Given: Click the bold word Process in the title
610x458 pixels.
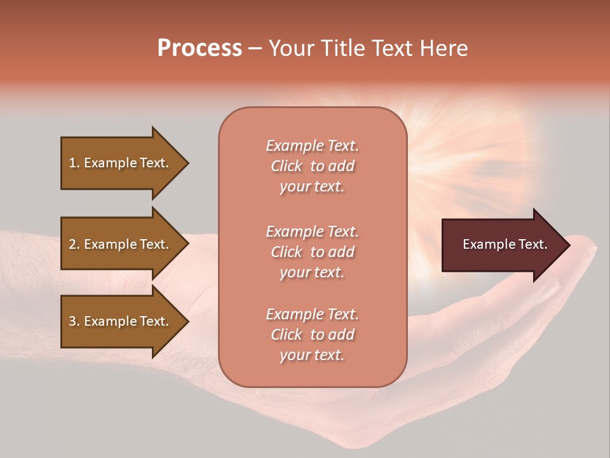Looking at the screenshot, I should coord(200,48).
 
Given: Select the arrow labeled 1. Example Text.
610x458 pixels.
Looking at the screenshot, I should coord(121,163).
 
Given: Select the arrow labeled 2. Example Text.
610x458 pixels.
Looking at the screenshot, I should coord(121,244).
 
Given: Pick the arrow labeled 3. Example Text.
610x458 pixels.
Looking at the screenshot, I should coord(121,321).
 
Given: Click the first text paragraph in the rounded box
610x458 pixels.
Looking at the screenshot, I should coord(312,166).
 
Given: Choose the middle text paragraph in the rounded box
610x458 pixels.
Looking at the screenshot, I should coord(312,251).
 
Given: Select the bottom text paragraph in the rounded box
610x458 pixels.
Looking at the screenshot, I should coord(312,335).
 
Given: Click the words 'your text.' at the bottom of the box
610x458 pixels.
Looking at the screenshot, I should coord(312,356).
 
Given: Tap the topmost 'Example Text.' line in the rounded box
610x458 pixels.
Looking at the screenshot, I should coord(312,146).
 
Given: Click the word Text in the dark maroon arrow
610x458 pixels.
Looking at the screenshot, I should coord(533,244).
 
